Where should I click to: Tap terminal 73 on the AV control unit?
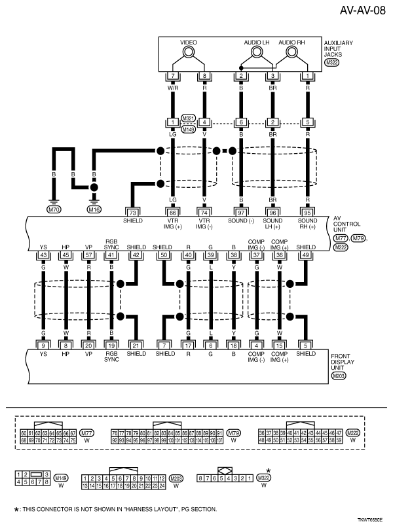pyautogui.click(x=133, y=213)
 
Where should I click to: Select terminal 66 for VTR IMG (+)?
pyautogui.click(x=173, y=213)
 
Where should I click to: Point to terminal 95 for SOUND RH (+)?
pyautogui.click(x=307, y=213)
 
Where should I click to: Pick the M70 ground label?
pyautogui.click(x=53, y=209)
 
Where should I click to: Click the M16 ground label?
pyautogui.click(x=94, y=209)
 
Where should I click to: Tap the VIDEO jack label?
pyautogui.click(x=189, y=42)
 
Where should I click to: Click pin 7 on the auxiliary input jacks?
pyautogui.click(x=173, y=77)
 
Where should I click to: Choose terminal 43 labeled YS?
pyautogui.click(x=45, y=255)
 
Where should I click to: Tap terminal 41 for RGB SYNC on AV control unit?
pyautogui.click(x=111, y=255)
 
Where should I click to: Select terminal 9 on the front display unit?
pyautogui.click(x=45, y=345)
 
